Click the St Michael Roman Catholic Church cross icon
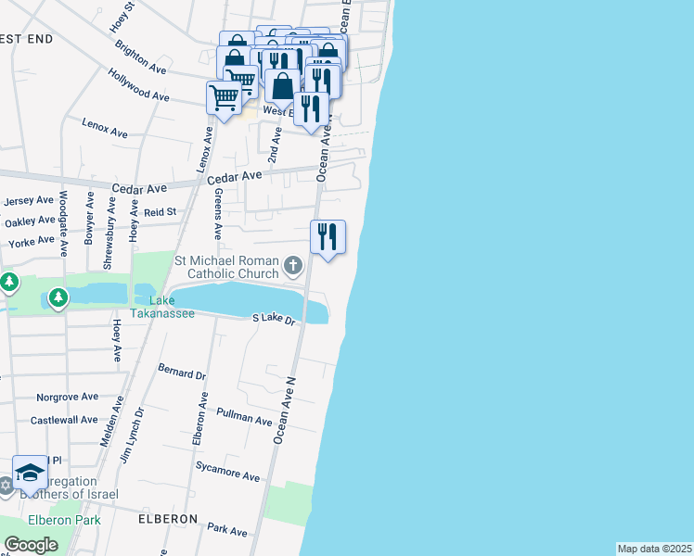click(x=293, y=268)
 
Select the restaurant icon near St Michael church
click(x=327, y=237)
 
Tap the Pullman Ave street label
click(x=243, y=418)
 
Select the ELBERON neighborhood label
click(x=168, y=519)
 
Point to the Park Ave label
click(x=228, y=530)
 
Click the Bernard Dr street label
click(x=182, y=374)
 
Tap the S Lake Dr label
click(x=274, y=319)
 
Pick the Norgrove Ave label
click(x=67, y=397)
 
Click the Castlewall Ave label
click(x=64, y=420)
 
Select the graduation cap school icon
click(x=30, y=473)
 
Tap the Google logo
click(x=31, y=545)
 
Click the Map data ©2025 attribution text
click(x=654, y=549)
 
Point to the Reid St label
click(x=160, y=212)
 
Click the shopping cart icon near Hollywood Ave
click(x=224, y=96)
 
